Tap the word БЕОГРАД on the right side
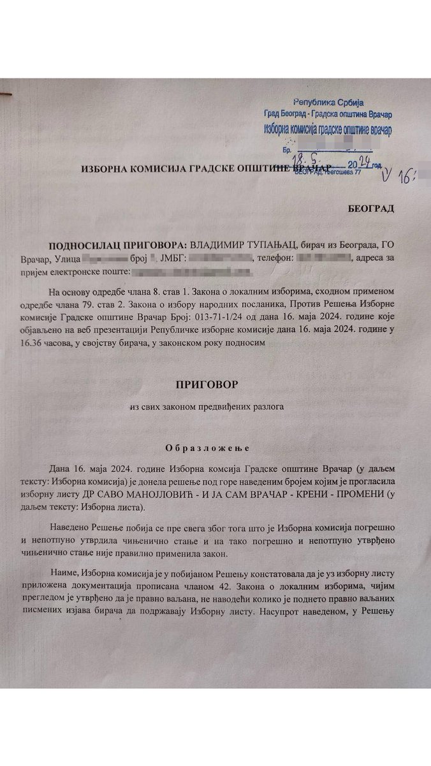(370, 209)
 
